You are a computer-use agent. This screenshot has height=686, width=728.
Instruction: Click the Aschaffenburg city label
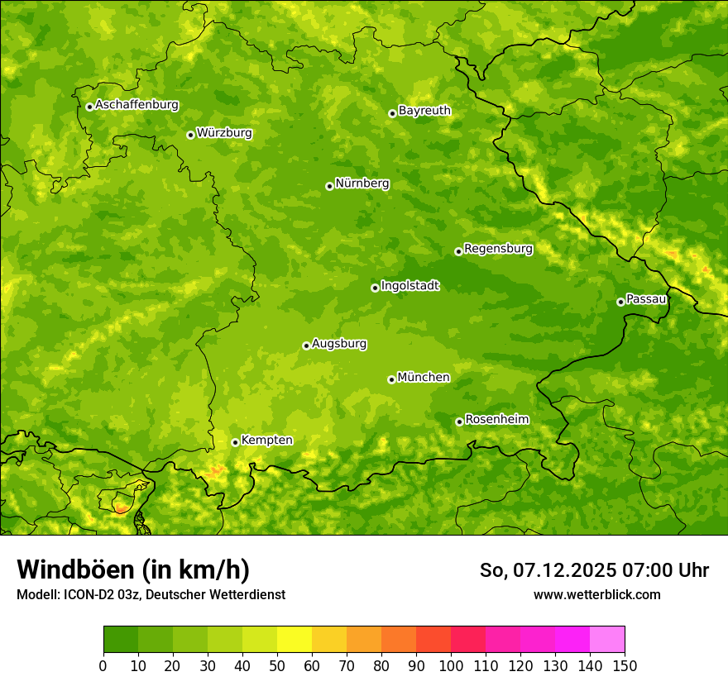pos(136,105)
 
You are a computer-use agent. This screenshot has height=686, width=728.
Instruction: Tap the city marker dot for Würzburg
pos(190,135)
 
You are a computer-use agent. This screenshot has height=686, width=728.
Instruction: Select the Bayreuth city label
pos(424,110)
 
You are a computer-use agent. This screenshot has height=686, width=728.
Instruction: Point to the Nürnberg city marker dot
pos(329,186)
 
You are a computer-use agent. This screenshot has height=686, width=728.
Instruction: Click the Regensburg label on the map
pos(498,248)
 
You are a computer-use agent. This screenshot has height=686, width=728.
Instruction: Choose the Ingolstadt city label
pos(409,285)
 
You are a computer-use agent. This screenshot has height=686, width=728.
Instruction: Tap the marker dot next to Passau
pos(620,302)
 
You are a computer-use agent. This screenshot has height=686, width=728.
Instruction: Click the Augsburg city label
pos(339,343)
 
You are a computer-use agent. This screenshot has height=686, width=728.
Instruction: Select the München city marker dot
pos(391,379)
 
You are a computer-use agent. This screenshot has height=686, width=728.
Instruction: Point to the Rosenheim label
pos(496,419)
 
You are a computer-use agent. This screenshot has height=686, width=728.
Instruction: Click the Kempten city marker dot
pos(235,442)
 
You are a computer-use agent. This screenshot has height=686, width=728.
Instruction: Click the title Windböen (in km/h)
pos(133,569)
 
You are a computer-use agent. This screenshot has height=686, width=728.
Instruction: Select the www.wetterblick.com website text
pos(596,594)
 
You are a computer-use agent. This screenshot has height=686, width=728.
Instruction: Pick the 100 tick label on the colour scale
pos(451,665)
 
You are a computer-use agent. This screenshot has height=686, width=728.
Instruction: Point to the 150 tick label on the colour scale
pos(625,665)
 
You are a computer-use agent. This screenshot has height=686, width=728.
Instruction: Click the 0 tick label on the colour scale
pos(103,665)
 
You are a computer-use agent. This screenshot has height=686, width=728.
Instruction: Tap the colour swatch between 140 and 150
pos(607,639)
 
